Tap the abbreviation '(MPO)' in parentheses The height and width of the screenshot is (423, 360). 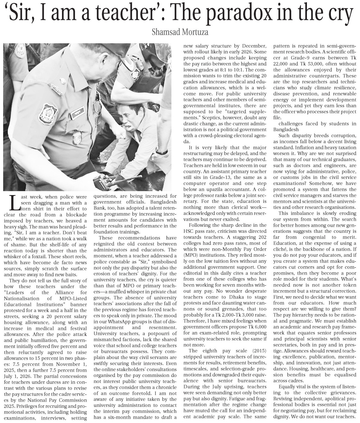coord(191,255)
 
